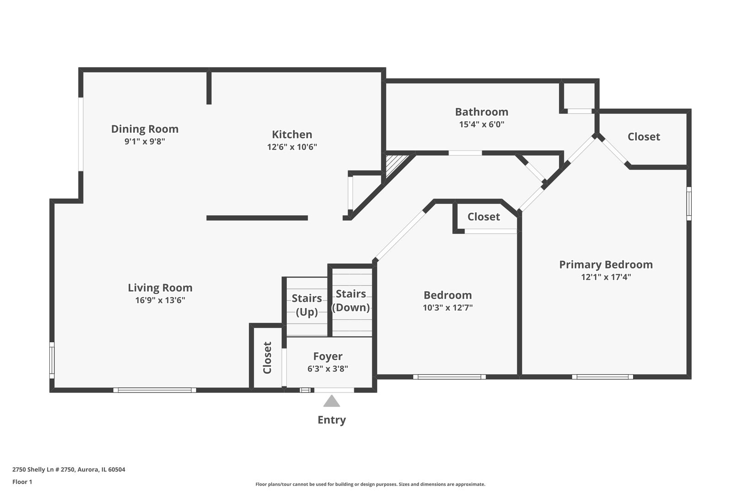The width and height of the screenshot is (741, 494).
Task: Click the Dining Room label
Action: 145,129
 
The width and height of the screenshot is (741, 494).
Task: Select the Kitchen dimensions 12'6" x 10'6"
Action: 292,147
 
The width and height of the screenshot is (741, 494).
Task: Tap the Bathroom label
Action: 481,112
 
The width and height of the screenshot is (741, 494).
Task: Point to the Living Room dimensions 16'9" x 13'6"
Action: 160,300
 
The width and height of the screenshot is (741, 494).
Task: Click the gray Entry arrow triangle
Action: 332,402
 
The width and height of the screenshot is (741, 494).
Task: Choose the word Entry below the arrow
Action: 332,420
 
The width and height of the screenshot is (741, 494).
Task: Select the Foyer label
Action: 328,356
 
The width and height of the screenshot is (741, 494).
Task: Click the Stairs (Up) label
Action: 306,305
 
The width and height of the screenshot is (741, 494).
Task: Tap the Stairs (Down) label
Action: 351,301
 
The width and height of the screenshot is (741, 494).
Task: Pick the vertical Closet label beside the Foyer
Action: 268,358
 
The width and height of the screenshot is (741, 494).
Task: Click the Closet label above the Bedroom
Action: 483,217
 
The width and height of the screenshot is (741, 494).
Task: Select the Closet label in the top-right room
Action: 644,137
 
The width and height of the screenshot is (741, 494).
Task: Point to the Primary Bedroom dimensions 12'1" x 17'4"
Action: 606,277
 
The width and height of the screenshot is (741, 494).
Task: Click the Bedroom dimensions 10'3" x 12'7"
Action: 447,307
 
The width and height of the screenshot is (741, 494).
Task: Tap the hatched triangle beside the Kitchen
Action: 393,164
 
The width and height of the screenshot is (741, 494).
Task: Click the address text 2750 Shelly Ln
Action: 69,469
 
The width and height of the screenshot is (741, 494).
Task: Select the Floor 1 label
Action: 22,482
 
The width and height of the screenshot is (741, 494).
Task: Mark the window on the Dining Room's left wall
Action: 81,134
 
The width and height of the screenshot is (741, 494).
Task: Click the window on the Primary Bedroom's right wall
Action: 689,204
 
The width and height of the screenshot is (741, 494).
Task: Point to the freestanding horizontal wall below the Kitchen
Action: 257,218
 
